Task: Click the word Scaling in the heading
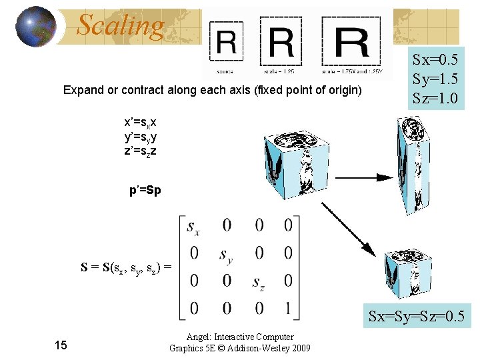(120, 26)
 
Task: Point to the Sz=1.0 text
(435, 99)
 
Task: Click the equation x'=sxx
(141, 123)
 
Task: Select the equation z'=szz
(141, 152)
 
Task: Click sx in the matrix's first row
(193, 227)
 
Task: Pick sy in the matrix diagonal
(227, 255)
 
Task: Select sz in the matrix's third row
(259, 282)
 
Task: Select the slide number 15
(61, 345)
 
